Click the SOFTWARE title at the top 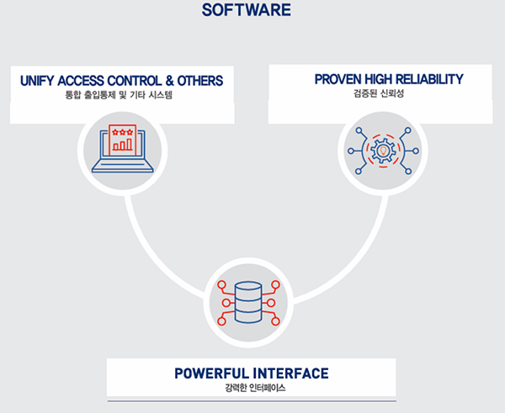(246, 10)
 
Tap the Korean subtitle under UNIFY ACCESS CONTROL (124, 95)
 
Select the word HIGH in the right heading (378, 79)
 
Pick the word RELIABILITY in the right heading (430, 79)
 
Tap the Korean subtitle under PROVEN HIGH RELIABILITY (379, 93)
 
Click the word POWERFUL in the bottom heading (210, 373)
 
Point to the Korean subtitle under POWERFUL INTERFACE (252, 388)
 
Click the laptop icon (123, 151)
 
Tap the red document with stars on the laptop (123, 139)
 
